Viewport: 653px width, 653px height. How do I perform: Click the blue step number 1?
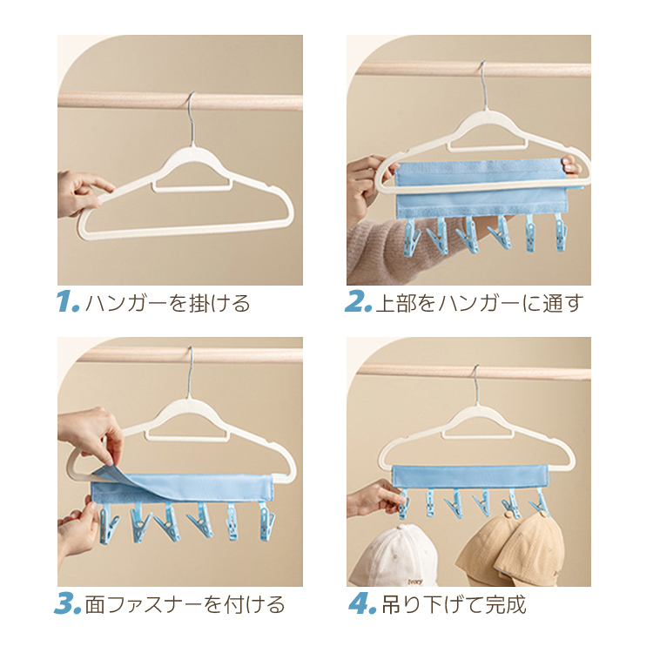[x=67, y=302]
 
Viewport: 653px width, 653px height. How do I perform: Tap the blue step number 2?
[x=358, y=302]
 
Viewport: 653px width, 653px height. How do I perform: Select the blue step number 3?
[x=67, y=604]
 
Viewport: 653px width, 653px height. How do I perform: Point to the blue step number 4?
[x=362, y=604]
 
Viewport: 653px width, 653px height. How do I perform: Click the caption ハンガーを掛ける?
[x=167, y=303]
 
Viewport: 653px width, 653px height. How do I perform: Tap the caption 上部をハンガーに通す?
[x=480, y=303]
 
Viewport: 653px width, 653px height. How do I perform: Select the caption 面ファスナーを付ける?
[x=185, y=605]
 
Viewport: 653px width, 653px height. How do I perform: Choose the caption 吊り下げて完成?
[x=454, y=605]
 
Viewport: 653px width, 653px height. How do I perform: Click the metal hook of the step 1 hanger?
[x=192, y=118]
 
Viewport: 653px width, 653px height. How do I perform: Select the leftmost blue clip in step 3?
[x=107, y=524]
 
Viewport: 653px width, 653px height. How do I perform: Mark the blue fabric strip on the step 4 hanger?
[x=470, y=477]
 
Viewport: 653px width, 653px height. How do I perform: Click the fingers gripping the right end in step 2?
[x=570, y=166]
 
